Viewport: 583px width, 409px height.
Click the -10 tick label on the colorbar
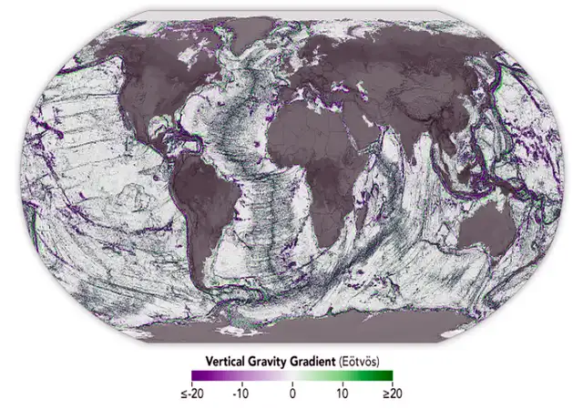pyautogui.click(x=240, y=395)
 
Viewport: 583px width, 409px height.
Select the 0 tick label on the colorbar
pyautogui.click(x=292, y=395)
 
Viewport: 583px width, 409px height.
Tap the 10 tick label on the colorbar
pyautogui.click(x=343, y=395)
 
